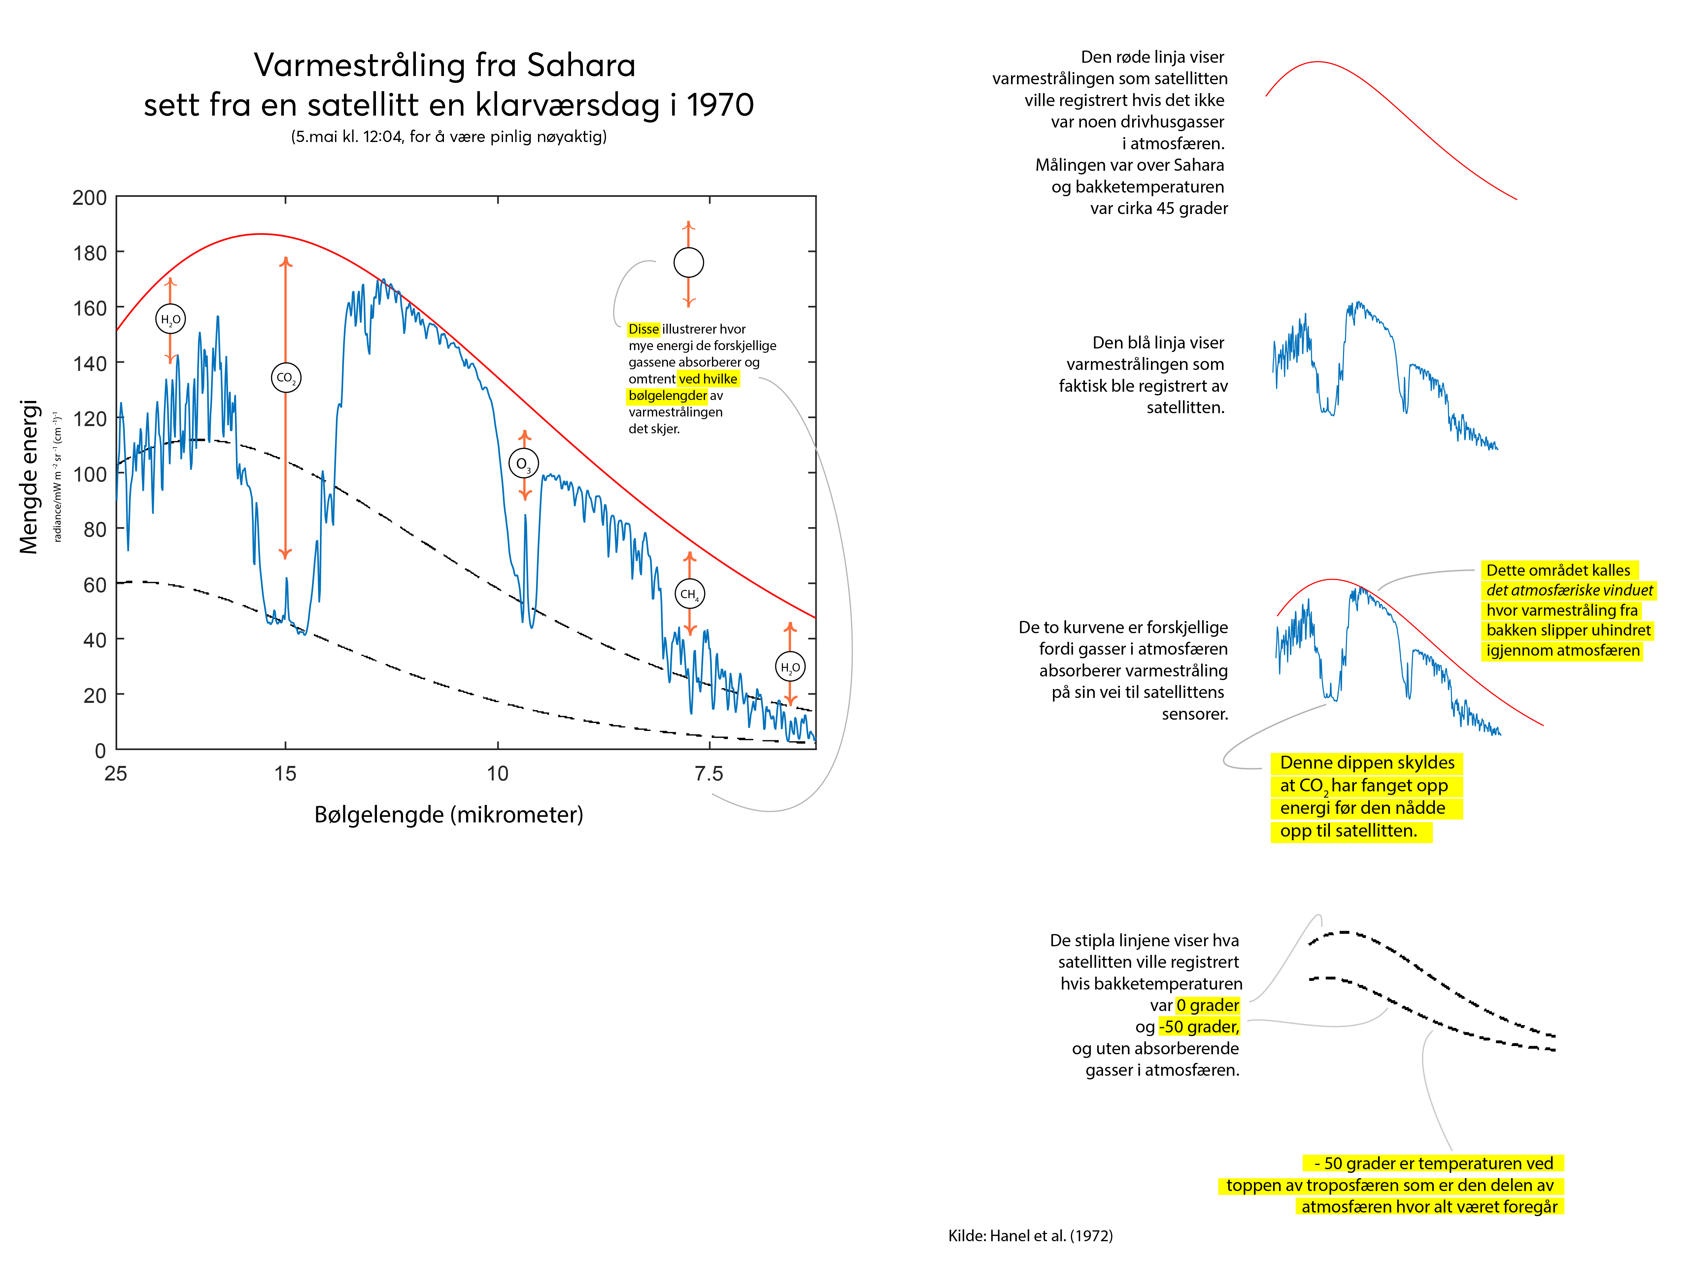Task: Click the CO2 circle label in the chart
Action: (x=286, y=378)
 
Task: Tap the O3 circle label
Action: (x=524, y=463)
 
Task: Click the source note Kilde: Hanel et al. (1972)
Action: (x=1030, y=1235)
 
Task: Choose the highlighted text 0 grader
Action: (x=1207, y=1005)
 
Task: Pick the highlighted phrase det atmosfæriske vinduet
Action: (x=1569, y=590)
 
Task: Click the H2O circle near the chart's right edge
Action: (x=790, y=667)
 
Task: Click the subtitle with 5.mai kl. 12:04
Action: (x=449, y=137)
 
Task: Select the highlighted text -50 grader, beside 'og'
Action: (x=1199, y=1027)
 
